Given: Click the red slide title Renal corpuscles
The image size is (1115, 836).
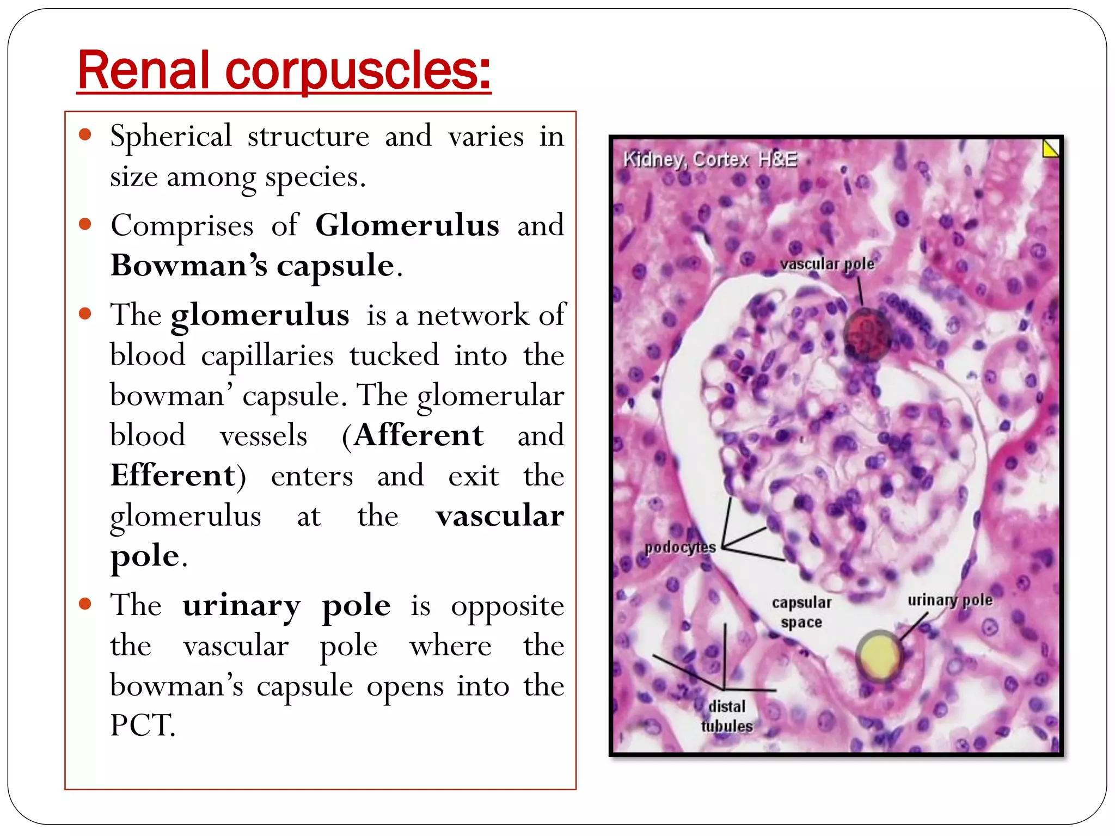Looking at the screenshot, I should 284,71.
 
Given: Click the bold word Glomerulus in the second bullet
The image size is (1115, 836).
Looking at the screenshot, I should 407,225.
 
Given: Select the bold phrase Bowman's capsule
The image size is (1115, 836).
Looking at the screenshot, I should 252,265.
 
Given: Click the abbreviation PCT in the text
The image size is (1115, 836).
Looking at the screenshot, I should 142,726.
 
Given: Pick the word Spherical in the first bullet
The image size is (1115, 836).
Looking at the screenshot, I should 171,136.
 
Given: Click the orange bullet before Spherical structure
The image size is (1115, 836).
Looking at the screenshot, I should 85,134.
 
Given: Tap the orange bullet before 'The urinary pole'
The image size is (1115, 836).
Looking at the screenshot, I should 85,604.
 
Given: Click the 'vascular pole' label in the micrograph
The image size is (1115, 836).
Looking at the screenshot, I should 826,264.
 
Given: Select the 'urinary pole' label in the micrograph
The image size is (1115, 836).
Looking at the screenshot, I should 949,600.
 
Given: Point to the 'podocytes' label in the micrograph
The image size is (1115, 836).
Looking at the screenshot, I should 680,546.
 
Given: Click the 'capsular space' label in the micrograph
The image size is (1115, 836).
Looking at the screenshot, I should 801,612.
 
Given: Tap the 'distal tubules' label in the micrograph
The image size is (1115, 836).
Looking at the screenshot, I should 727,716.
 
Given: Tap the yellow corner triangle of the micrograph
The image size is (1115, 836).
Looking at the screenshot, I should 1051,148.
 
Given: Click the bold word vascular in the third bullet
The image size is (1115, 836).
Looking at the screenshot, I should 499,515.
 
